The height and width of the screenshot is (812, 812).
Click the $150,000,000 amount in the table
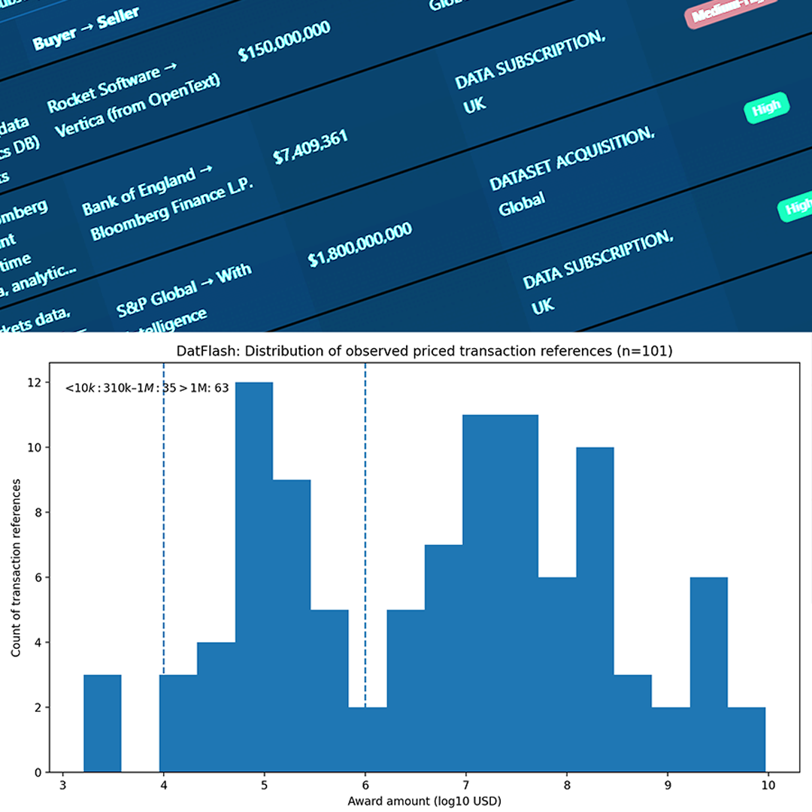[x=284, y=43]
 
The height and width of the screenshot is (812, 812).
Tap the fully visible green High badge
[x=766, y=108]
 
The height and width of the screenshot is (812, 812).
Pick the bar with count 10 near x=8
[x=595, y=609]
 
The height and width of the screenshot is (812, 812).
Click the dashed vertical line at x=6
[x=365, y=526]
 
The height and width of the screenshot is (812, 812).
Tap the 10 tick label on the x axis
[x=767, y=785]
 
